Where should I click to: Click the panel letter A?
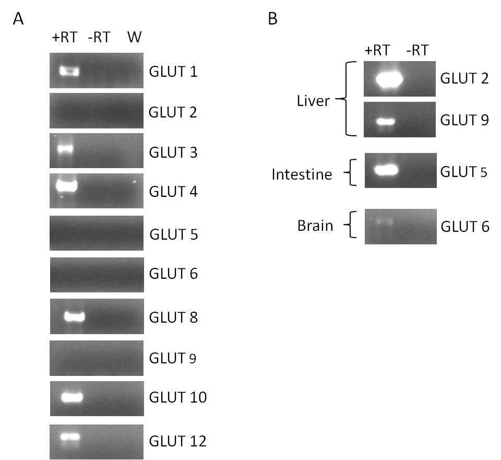click(x=18, y=19)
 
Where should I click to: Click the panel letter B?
click(x=272, y=19)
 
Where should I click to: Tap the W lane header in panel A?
click(x=135, y=37)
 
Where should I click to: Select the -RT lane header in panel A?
click(x=99, y=37)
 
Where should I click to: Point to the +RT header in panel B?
click(x=377, y=50)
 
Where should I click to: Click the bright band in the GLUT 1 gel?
click(x=69, y=71)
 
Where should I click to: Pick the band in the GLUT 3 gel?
click(x=65, y=149)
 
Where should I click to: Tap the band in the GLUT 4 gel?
click(x=66, y=185)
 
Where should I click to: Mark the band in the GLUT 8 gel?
click(x=74, y=317)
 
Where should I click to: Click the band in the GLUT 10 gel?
click(x=72, y=397)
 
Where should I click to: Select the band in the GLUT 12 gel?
click(x=70, y=437)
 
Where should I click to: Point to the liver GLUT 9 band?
click(x=386, y=122)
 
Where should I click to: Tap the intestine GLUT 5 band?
click(x=386, y=170)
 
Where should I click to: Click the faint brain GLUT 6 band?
click(x=384, y=221)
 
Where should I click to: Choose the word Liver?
click(x=313, y=101)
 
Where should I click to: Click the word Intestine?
click(x=302, y=174)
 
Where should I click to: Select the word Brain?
click(x=315, y=226)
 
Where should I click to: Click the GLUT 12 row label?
click(x=177, y=441)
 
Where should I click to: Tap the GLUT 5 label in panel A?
click(x=173, y=234)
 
